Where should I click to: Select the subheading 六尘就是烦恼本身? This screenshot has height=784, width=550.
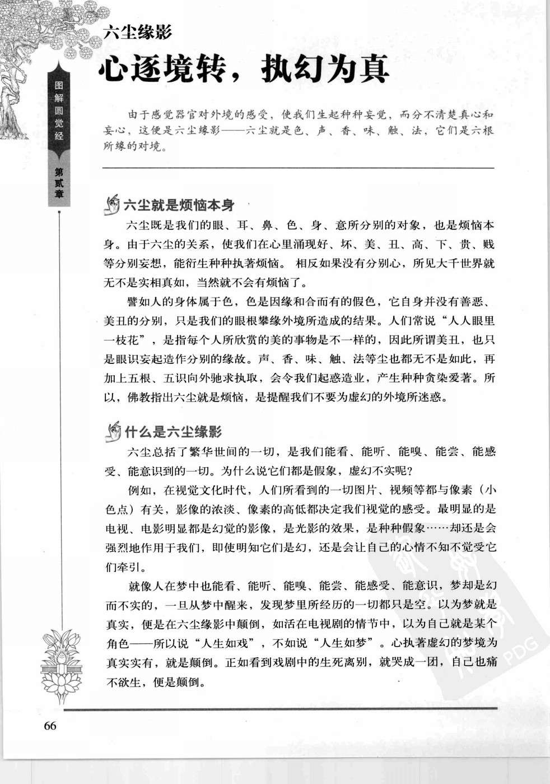point(179,205)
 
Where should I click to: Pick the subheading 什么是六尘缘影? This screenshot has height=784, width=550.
point(173,431)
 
